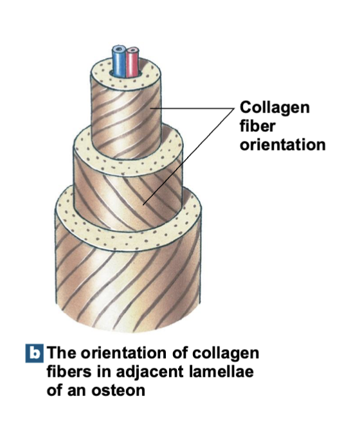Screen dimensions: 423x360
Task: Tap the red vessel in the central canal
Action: pyautogui.click(x=133, y=60)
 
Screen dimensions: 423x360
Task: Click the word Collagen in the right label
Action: pyautogui.click(x=274, y=107)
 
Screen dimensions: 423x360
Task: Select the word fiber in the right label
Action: pyautogui.click(x=257, y=126)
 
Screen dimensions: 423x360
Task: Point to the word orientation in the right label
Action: pyautogui.click(x=282, y=145)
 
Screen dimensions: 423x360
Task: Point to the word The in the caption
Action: pyautogui.click(x=62, y=353)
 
